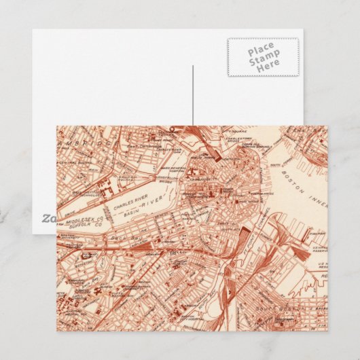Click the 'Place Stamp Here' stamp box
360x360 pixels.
[262, 57]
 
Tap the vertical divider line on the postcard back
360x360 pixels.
[193, 95]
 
